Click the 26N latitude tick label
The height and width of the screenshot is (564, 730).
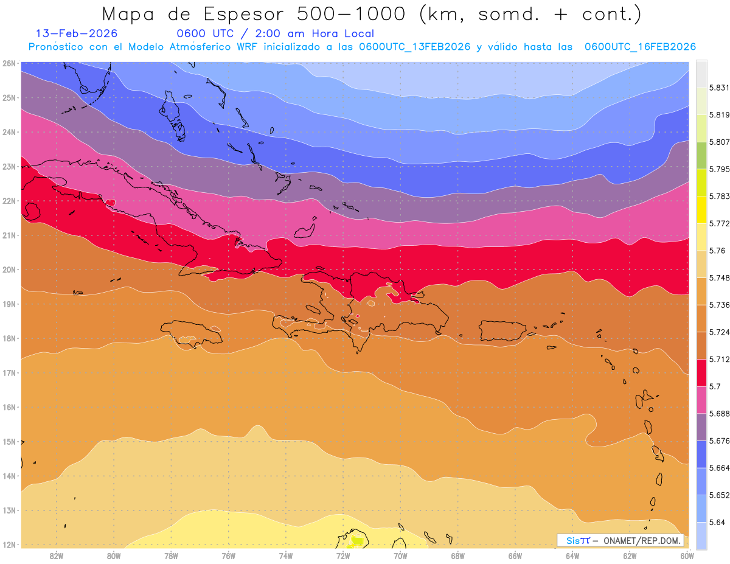(9, 63)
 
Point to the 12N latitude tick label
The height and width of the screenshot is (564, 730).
(9, 545)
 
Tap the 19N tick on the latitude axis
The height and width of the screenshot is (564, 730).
(9, 304)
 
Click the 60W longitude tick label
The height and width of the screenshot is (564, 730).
(687, 555)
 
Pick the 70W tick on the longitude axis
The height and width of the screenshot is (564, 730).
(400, 555)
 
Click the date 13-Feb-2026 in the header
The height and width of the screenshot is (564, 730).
(77, 33)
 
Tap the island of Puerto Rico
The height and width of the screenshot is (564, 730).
(502, 330)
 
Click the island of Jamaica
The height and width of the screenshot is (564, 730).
(192, 334)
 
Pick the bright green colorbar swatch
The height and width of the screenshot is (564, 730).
(701, 155)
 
